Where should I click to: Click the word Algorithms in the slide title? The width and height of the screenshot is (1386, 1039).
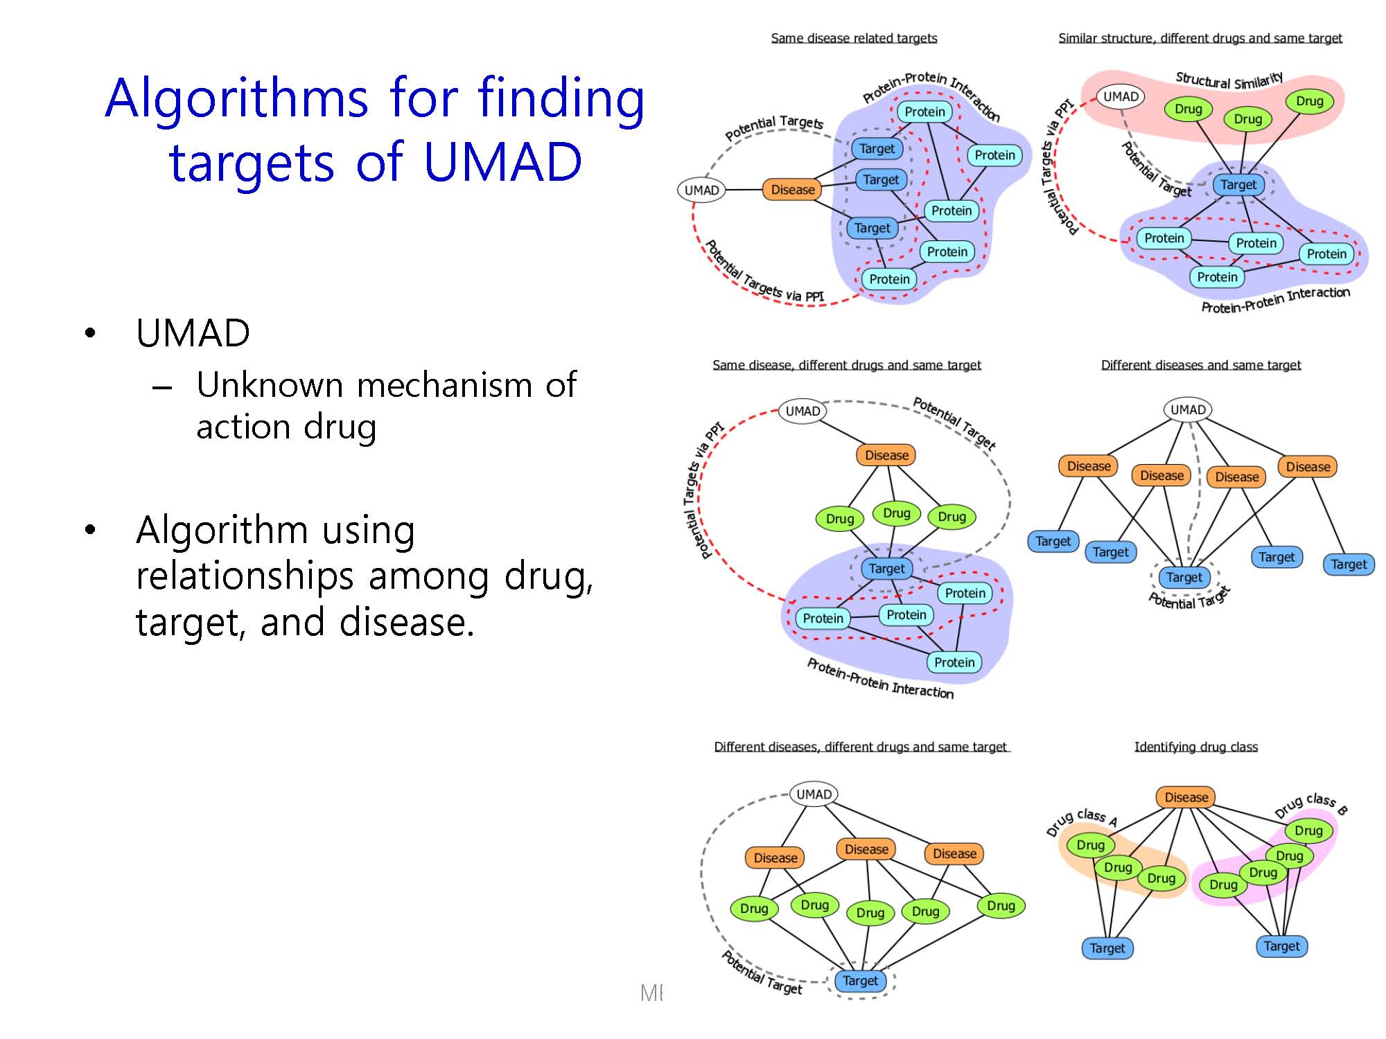[x=238, y=98]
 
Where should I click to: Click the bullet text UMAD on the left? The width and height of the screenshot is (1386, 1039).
[x=193, y=333]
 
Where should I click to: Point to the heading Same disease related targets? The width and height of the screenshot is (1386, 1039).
[x=854, y=38]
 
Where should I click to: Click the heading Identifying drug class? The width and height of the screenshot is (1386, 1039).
[x=1195, y=747]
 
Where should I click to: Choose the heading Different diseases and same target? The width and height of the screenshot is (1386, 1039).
[x=1201, y=365]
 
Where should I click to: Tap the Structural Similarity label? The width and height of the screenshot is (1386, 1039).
[x=1229, y=80]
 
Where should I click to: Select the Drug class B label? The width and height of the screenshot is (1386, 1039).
[x=1310, y=805]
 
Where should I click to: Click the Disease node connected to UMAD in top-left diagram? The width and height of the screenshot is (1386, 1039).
[x=793, y=190]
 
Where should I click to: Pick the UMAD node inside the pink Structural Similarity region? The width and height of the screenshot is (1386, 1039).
[x=1121, y=97]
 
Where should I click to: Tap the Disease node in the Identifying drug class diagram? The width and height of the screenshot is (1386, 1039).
[x=1186, y=797]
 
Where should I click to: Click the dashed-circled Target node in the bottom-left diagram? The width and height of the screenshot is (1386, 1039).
[x=860, y=981]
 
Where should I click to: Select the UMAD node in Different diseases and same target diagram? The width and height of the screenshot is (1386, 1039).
[x=1188, y=410]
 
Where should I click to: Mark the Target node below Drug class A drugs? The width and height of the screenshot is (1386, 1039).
[x=1107, y=948]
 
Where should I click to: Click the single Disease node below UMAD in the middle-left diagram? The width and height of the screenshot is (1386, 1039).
[x=886, y=455]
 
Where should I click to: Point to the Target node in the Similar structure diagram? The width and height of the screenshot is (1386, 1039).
[x=1238, y=185]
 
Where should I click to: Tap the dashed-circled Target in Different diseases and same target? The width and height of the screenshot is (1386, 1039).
[x=1184, y=577]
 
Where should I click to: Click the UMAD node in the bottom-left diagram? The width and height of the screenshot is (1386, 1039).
[x=814, y=794]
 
